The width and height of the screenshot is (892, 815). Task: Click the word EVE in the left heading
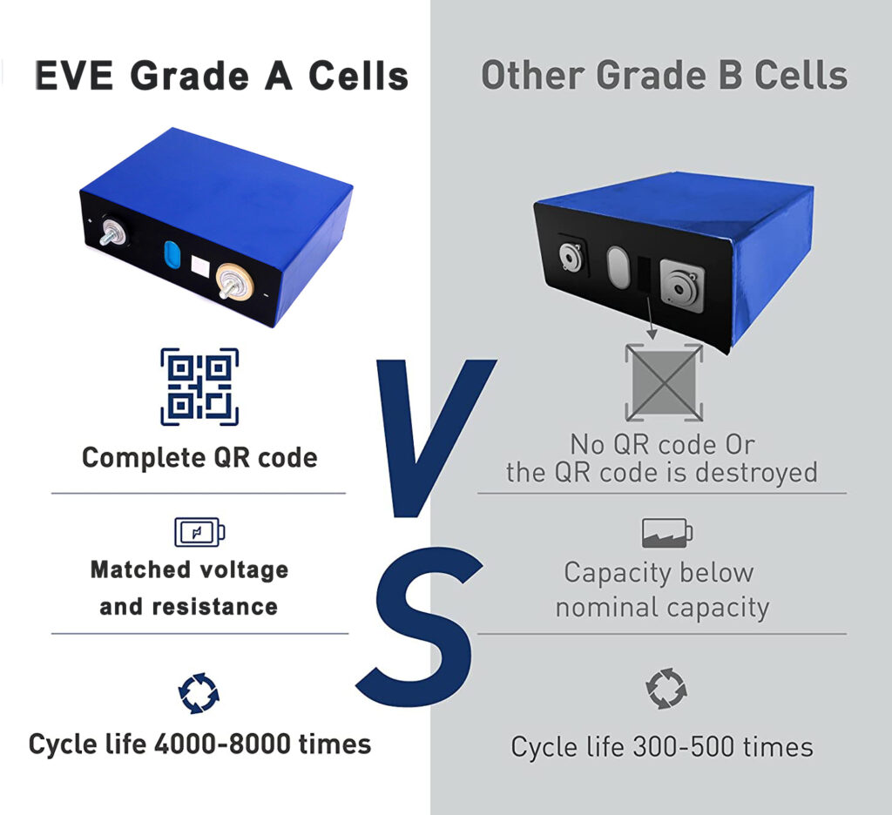coord(74,76)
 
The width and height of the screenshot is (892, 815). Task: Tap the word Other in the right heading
coord(533,75)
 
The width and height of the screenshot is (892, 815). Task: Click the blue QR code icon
coord(199,387)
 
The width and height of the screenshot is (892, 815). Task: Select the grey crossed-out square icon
coord(664,381)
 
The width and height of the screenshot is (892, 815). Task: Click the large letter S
coord(419,626)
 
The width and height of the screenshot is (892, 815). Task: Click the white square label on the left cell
coord(201,266)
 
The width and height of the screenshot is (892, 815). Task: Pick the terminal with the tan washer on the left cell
coord(234,281)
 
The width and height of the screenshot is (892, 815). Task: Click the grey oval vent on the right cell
coord(618,266)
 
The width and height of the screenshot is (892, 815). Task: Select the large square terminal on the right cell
coord(681,286)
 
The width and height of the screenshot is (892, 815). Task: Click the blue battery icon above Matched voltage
coord(199,532)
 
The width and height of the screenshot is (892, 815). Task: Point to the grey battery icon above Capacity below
coord(667,533)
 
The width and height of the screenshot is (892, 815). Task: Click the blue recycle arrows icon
coord(199,693)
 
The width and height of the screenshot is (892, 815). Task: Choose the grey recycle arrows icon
coord(666,689)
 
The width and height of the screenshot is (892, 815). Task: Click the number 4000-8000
coord(222,744)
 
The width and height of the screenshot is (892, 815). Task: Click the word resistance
coord(215,607)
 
